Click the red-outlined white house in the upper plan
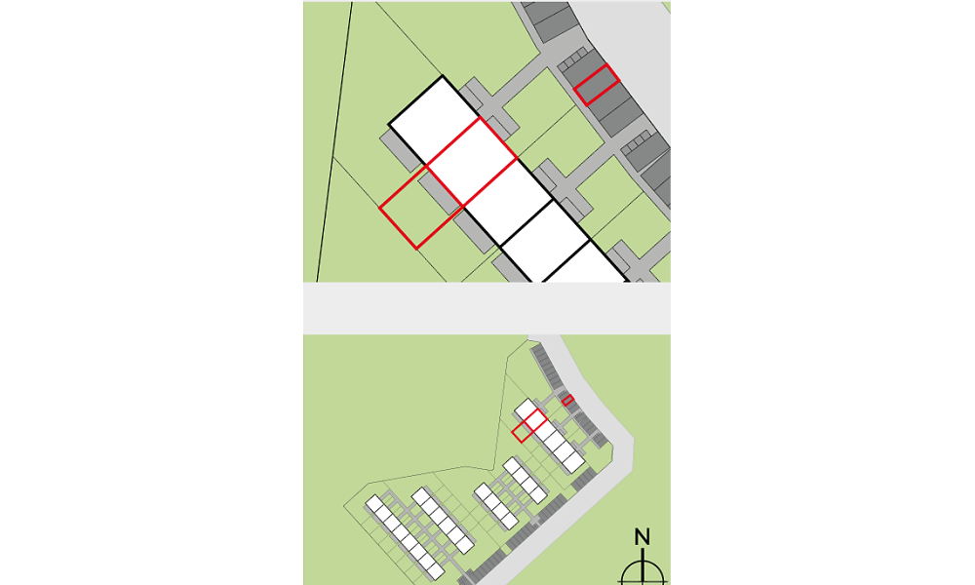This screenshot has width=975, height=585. [472, 162]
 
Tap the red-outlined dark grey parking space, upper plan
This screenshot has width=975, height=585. [597, 85]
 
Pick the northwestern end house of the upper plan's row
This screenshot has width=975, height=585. [434, 120]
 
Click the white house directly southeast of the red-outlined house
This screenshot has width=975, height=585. [508, 203]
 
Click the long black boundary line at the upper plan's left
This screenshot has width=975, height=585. [334, 141]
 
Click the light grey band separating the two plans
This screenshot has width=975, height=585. [487, 308]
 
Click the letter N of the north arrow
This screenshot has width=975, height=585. [643, 536]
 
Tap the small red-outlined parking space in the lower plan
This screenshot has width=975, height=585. [567, 401]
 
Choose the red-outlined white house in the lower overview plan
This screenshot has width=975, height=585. [535, 419]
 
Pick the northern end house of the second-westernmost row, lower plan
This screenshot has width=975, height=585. [421, 496]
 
